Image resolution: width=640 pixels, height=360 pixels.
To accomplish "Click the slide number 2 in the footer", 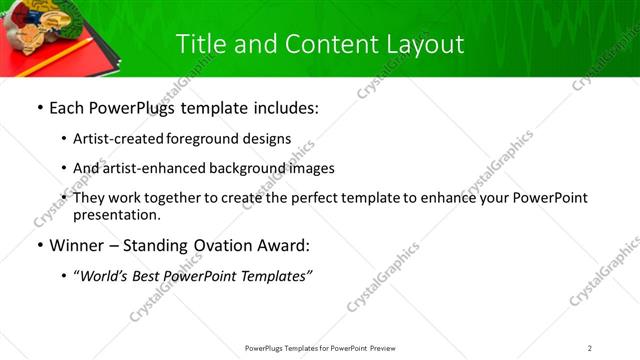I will pos(590,347).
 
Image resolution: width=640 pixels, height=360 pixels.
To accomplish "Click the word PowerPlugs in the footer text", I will pos(267,347).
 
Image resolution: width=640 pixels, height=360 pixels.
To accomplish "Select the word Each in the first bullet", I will pos(67,108).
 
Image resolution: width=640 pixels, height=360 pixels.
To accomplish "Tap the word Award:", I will pos(285,245).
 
